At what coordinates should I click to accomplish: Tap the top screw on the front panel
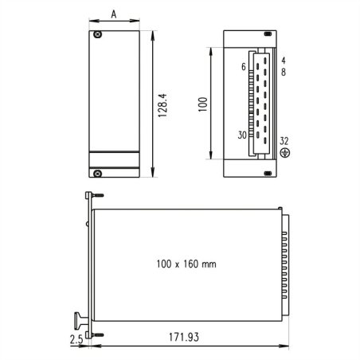coord(97,36)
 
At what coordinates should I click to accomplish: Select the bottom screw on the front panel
coord(97,173)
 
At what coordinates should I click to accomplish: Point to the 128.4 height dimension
coord(162,104)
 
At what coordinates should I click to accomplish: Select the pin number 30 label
coord(241,135)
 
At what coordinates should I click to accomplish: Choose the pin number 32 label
coord(284,140)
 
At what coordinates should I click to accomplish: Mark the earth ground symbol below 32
coord(284,153)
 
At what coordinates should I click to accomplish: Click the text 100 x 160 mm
coord(186,263)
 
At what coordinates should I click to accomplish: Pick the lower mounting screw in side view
coord(96,334)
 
